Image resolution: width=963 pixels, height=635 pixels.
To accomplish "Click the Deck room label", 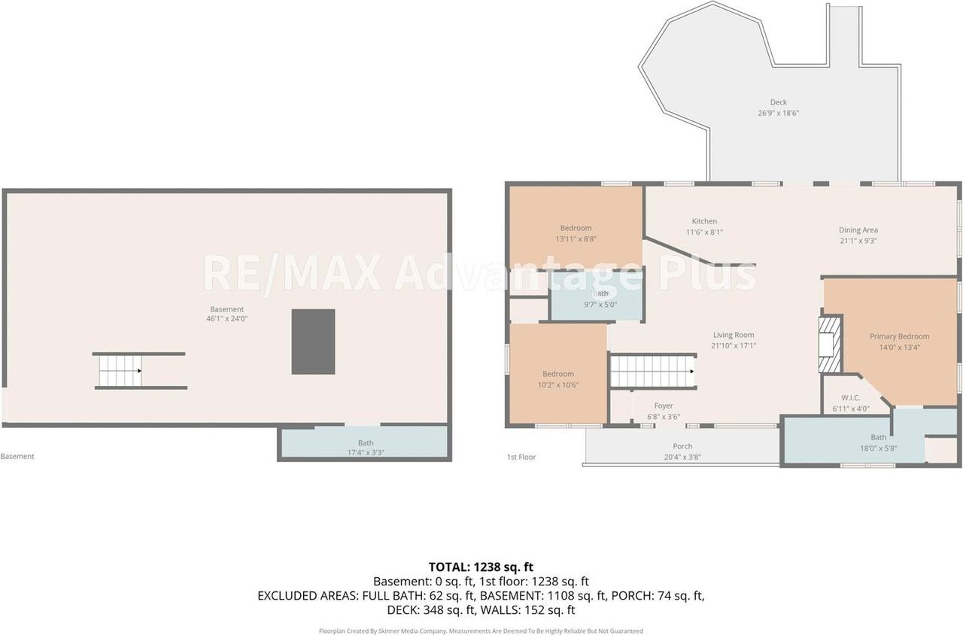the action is [x=778, y=102].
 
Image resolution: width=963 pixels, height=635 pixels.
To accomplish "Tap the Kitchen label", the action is [x=704, y=221].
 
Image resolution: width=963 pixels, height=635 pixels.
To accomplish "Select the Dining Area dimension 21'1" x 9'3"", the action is [x=858, y=241].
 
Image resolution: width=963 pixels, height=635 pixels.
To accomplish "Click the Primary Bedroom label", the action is [x=899, y=336].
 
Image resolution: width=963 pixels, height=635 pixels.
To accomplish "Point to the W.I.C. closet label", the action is [x=851, y=398].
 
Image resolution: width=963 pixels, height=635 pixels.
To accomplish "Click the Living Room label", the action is [x=734, y=335].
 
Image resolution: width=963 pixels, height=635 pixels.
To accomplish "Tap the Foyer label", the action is [x=664, y=406].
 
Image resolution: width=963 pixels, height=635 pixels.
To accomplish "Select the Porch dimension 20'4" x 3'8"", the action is [x=682, y=457].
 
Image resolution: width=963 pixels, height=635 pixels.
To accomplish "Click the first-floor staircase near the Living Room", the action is [x=652, y=371].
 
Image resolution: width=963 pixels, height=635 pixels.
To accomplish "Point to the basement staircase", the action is [x=120, y=371].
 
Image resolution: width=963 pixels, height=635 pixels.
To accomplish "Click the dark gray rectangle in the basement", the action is [x=313, y=342].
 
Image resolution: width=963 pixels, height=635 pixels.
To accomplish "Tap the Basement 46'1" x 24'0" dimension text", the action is [x=226, y=318].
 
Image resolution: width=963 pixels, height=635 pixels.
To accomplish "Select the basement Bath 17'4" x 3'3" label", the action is [x=366, y=448].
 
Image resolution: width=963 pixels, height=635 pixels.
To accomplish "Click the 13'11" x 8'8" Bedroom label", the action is [x=576, y=233].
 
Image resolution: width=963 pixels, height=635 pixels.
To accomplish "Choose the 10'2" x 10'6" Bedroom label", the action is [x=558, y=380].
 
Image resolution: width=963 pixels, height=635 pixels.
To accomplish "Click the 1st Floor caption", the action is [x=521, y=457].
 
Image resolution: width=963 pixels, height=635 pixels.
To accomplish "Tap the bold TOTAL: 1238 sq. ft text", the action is [x=481, y=567].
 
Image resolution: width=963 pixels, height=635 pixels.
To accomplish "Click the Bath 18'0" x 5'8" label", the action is [x=878, y=442].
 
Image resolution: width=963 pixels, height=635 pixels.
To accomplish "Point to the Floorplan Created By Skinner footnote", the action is [x=481, y=630].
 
